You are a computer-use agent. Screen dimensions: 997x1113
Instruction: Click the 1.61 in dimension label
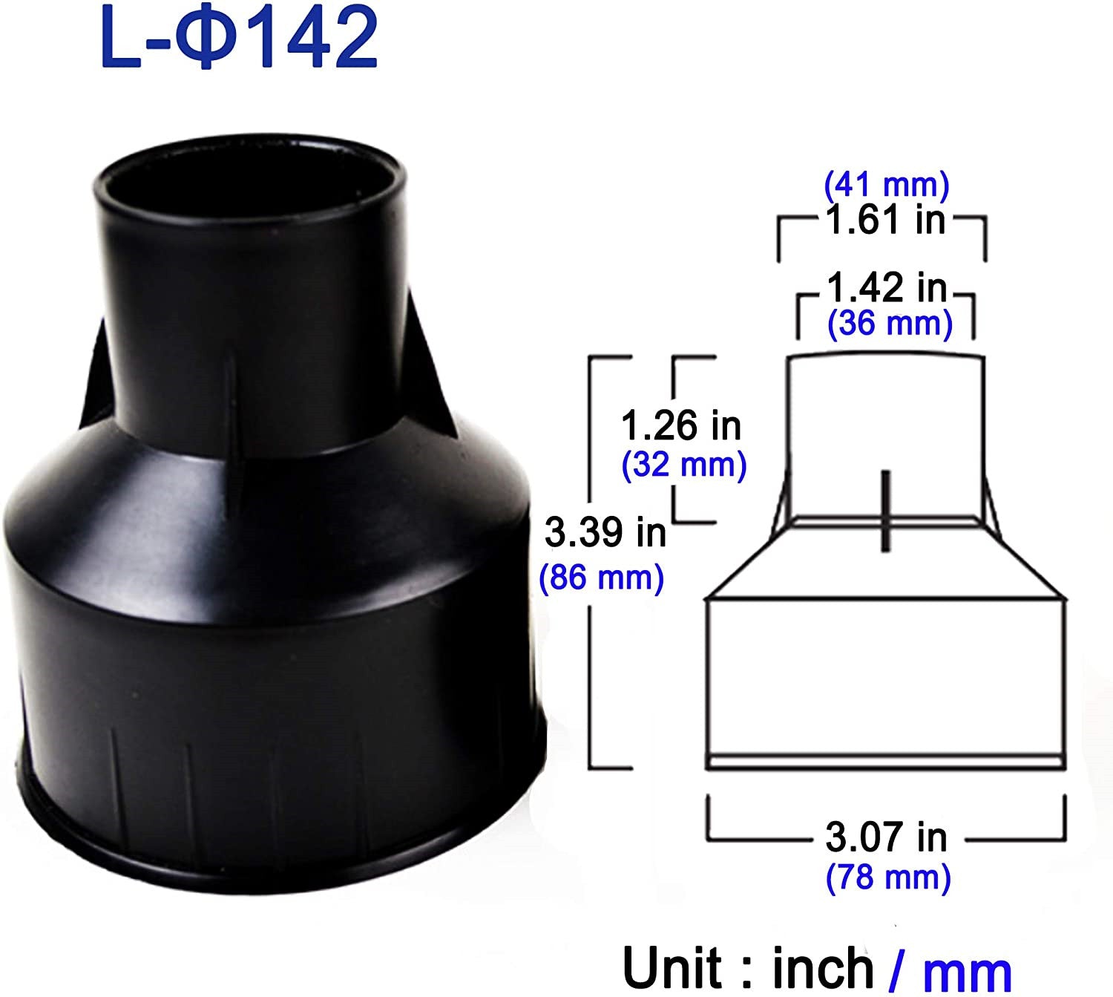click(884, 220)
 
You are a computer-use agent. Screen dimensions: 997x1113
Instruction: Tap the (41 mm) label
click(886, 184)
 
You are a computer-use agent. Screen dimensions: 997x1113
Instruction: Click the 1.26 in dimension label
click(680, 426)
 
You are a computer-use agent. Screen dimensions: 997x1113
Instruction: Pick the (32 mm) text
click(683, 465)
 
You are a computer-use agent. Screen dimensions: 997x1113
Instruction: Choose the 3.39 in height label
click(605, 532)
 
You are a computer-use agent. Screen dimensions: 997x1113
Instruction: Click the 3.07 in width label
click(886, 837)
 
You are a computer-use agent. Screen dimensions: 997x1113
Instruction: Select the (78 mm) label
click(887, 877)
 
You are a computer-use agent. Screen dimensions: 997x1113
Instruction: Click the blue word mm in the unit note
click(968, 970)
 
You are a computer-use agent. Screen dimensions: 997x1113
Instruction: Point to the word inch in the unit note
click(823, 967)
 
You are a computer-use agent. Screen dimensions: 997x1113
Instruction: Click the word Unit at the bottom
click(672, 967)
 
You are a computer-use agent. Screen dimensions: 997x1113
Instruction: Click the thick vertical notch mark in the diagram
click(884, 511)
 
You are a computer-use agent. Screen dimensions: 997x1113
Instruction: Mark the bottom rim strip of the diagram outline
click(886, 761)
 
